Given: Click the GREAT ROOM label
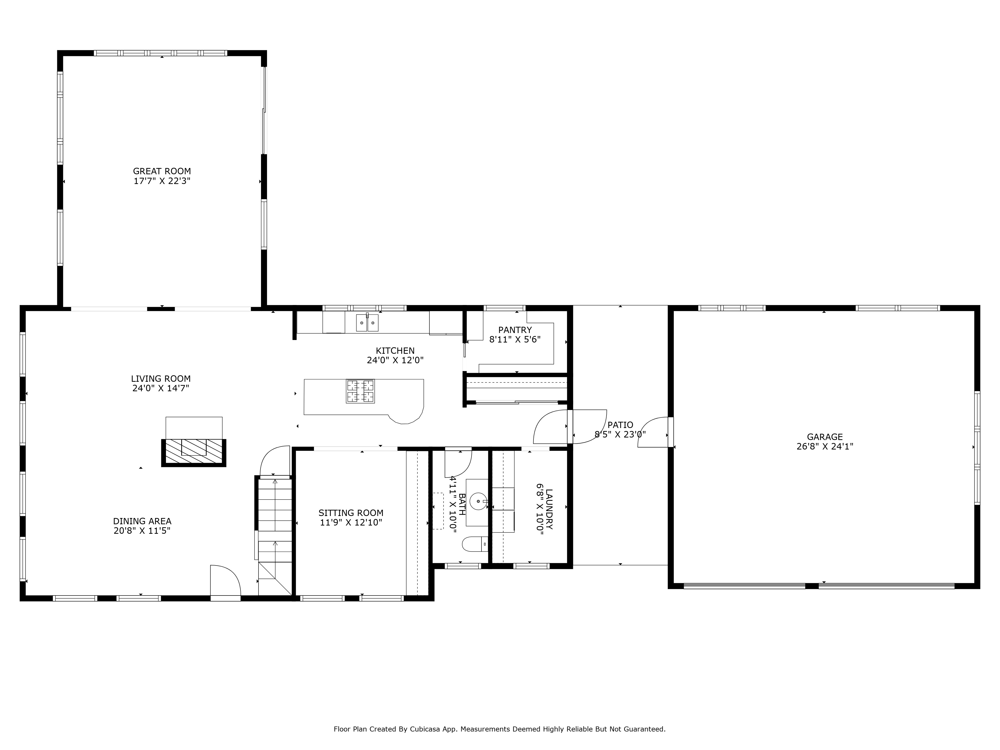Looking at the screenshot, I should click(x=162, y=171).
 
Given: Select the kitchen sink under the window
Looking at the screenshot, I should click(x=367, y=323).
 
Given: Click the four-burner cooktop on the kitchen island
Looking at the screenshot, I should click(x=360, y=391).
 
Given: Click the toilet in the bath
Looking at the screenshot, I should click(x=475, y=544).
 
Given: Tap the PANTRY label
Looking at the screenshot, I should click(x=515, y=330).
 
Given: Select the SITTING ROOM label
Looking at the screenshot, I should click(x=351, y=513).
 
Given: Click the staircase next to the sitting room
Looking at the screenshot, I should click(x=275, y=533).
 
